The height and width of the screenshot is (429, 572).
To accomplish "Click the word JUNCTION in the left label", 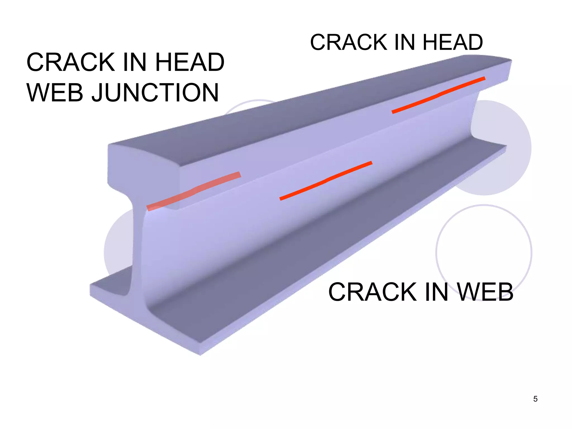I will [x=155, y=93].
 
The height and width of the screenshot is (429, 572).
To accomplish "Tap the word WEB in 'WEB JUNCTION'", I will [x=55, y=93].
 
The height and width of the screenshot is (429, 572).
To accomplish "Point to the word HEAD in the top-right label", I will [x=452, y=42].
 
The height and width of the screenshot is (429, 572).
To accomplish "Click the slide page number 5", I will [x=535, y=399].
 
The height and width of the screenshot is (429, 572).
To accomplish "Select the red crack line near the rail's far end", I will [x=438, y=95].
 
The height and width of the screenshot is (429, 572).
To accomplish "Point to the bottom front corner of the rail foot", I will [x=200, y=354].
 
